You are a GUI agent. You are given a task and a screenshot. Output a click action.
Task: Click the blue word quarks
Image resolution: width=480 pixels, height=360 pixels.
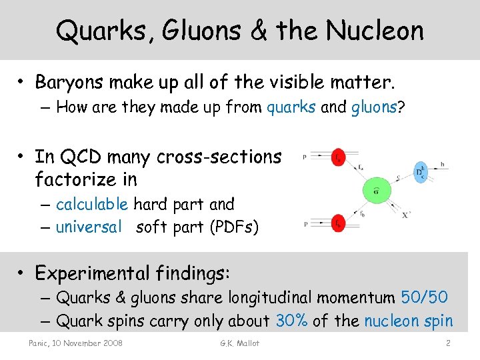(291, 107)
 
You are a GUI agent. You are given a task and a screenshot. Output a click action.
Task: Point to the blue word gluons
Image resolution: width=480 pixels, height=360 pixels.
(373, 107)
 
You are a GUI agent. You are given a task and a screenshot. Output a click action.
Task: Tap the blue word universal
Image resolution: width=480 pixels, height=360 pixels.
(89, 227)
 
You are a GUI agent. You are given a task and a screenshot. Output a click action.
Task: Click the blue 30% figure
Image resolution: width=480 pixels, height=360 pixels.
(291, 321)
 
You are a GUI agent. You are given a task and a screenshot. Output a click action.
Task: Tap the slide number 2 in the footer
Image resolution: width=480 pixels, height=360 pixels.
(449, 343)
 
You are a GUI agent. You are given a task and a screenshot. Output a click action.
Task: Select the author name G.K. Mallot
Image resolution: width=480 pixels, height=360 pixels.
(239, 343)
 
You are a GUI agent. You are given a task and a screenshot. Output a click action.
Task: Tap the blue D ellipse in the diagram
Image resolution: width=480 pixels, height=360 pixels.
(420, 171)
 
